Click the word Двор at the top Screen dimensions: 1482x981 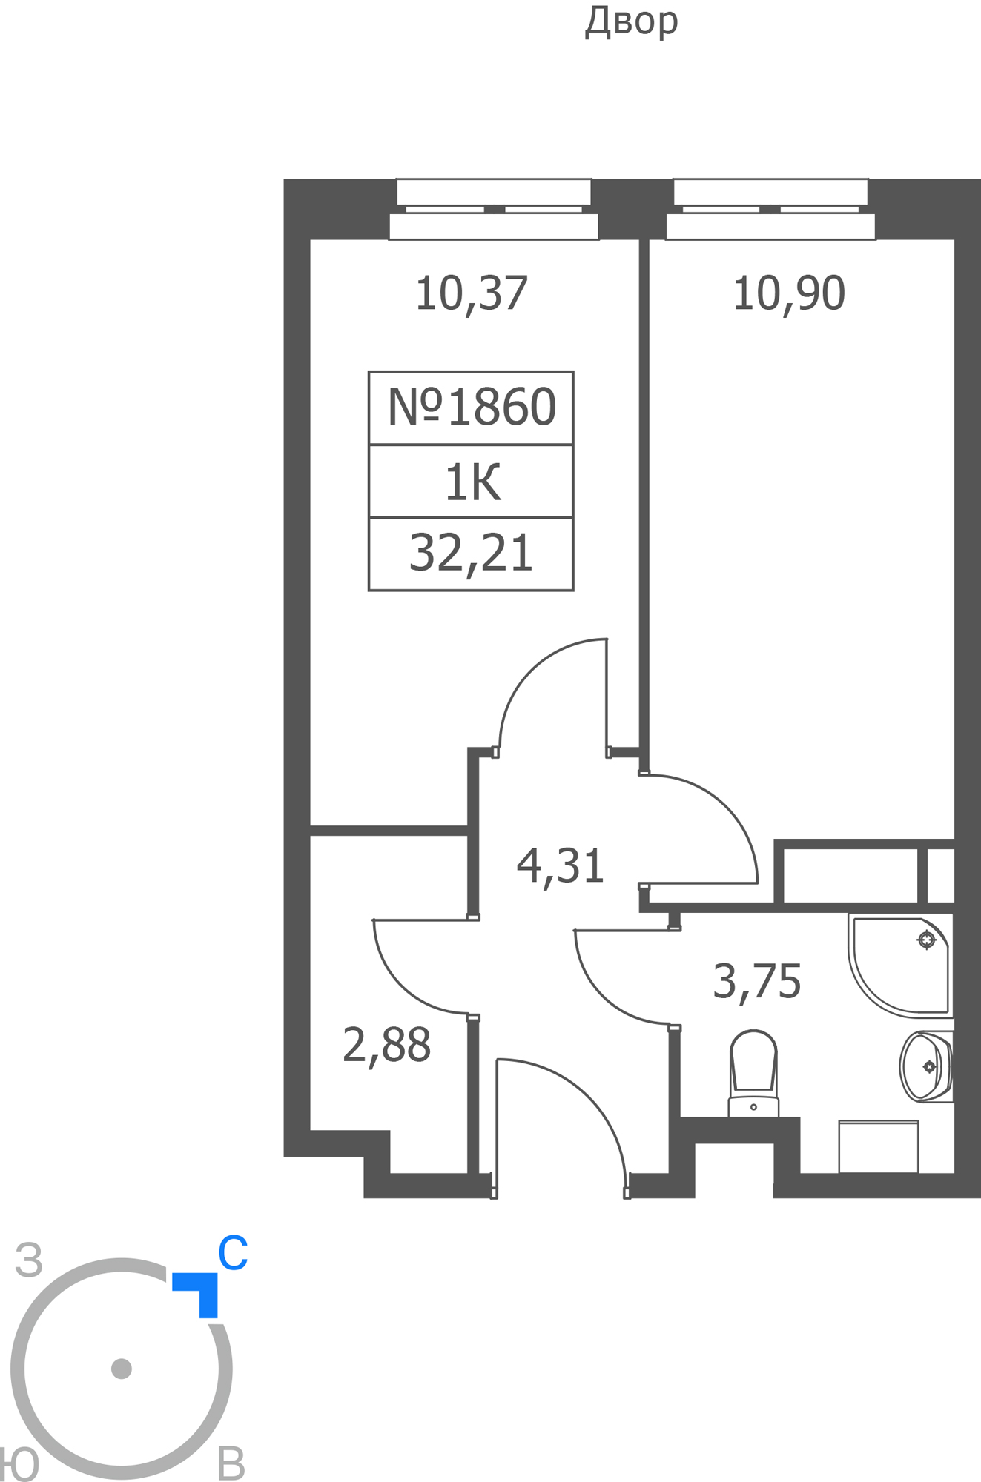click(x=631, y=21)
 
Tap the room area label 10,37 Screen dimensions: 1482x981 click(x=471, y=293)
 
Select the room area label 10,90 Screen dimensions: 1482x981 click(x=788, y=293)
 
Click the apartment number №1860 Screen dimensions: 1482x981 click(x=471, y=407)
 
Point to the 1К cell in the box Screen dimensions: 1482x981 click(x=472, y=482)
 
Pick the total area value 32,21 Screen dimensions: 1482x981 click(x=471, y=553)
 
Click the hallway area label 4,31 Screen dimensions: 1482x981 click(x=561, y=865)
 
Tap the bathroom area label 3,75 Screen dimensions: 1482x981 click(x=756, y=981)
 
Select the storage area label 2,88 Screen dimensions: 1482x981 click(x=386, y=1045)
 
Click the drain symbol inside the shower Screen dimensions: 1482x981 click(x=926, y=940)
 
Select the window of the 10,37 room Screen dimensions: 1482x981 click(x=494, y=209)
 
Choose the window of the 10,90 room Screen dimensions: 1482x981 click(x=770, y=209)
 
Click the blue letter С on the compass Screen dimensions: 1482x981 click(x=232, y=1253)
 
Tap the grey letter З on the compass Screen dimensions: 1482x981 click(x=29, y=1260)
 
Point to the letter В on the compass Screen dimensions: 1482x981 click(x=231, y=1464)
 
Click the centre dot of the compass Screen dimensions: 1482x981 click(x=122, y=1368)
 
